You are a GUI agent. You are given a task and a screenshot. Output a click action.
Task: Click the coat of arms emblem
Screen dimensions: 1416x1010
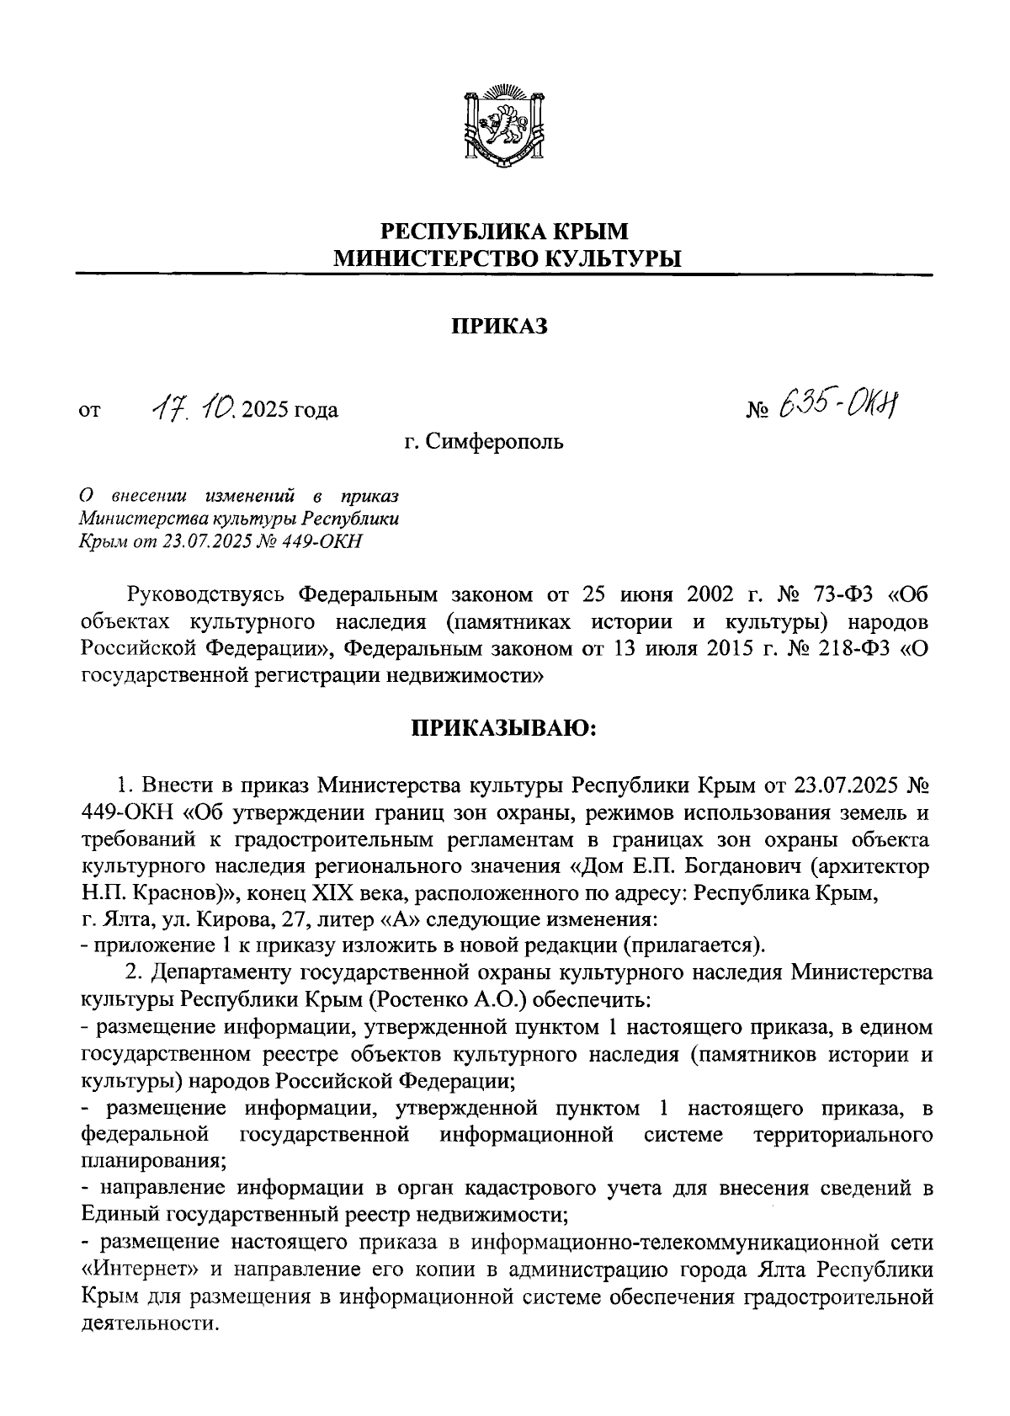pyautogui.click(x=504, y=124)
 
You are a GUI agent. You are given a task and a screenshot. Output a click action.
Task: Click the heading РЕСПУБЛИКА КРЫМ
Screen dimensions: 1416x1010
pyautogui.click(x=504, y=232)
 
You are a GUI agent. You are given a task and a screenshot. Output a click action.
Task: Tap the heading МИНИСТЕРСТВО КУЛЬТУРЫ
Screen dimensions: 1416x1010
pyautogui.click(x=504, y=259)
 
